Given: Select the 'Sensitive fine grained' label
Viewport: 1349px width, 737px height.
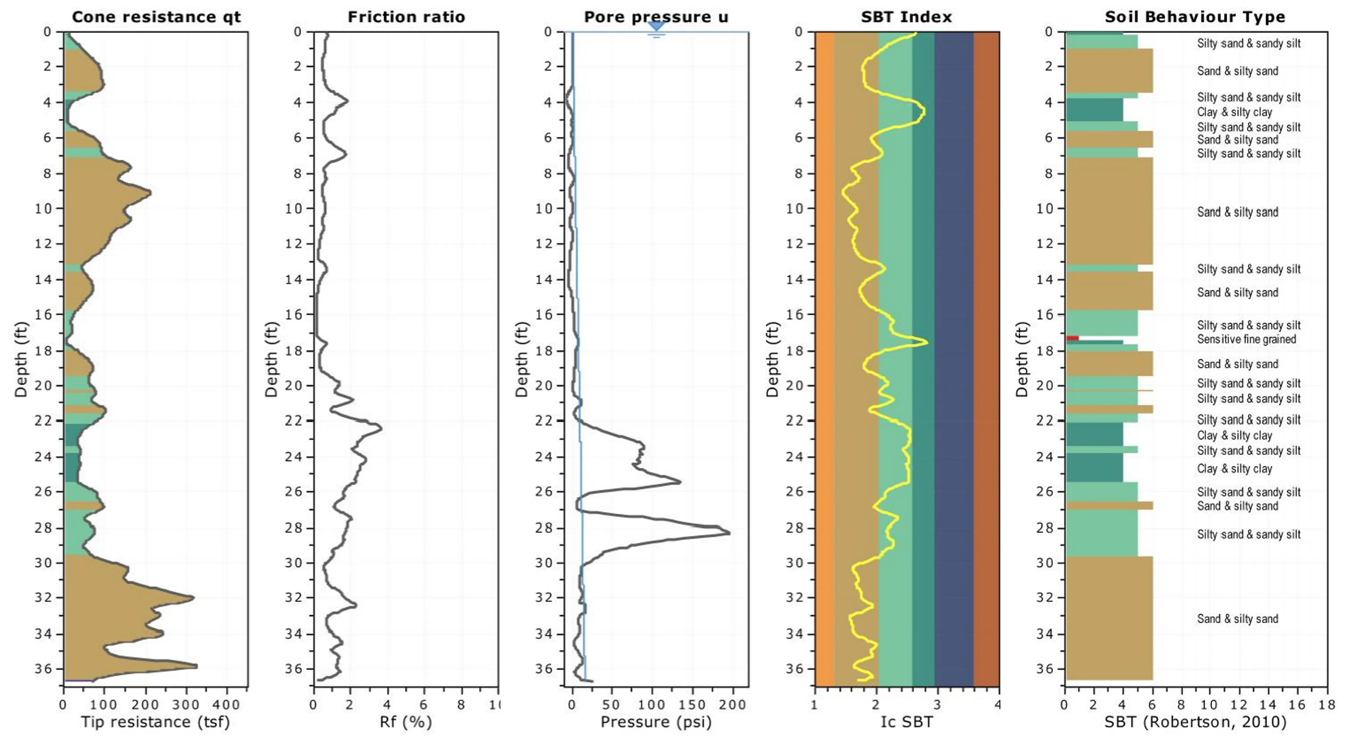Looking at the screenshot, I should [1246, 339].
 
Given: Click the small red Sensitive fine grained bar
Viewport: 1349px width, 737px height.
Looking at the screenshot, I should [1072, 338].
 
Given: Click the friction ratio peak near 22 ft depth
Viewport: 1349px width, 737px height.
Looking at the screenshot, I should [381, 429].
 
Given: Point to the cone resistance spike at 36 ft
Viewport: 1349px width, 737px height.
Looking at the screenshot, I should [196, 666].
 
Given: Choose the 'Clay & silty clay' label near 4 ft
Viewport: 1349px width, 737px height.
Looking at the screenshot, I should [1234, 112].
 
